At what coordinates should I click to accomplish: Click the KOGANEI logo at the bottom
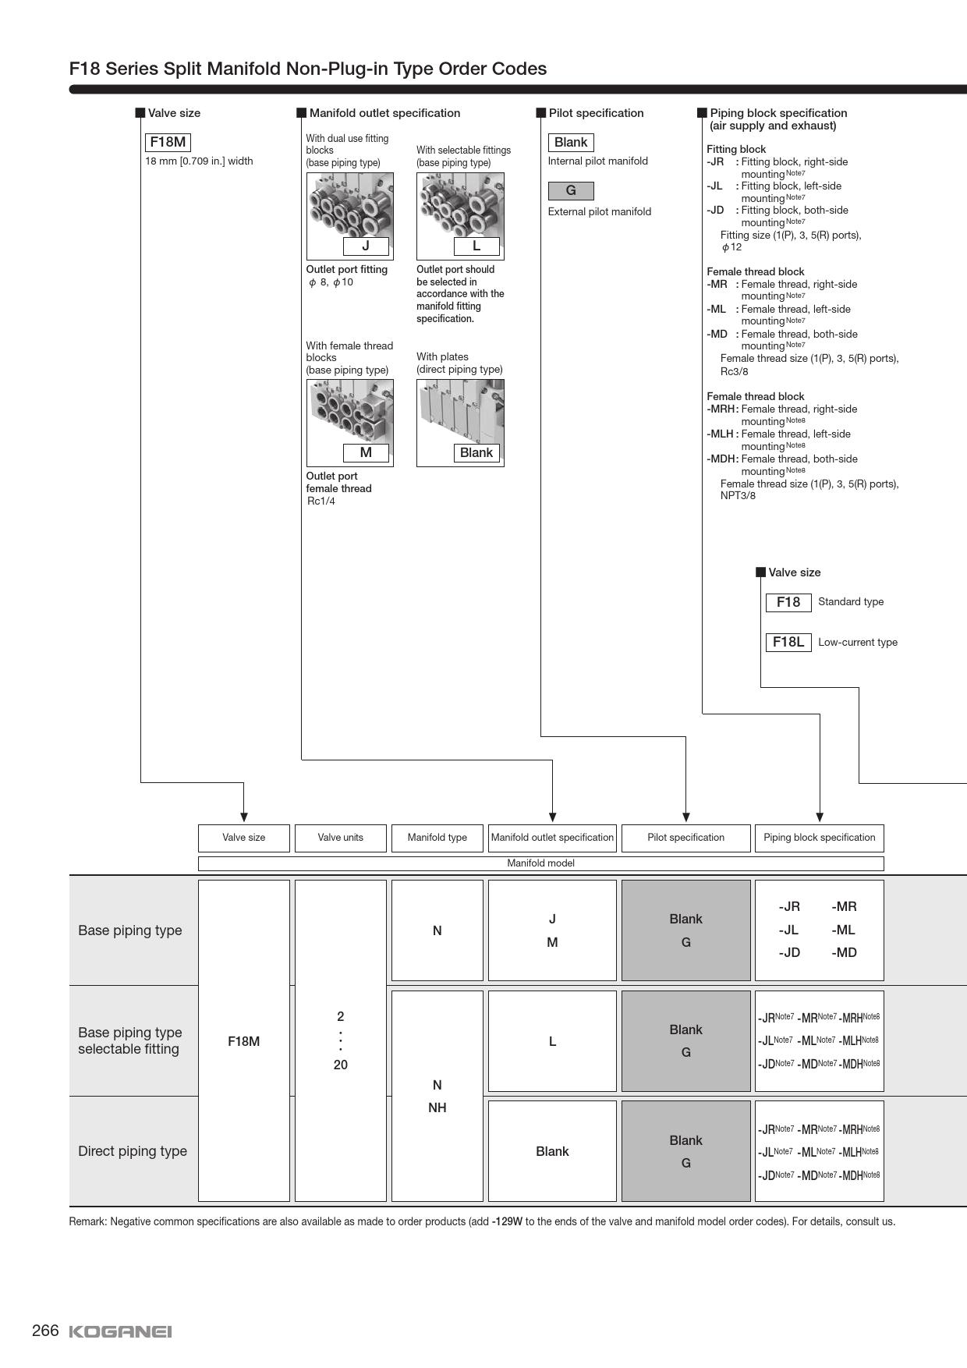pos(120,1331)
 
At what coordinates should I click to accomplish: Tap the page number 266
pos(45,1331)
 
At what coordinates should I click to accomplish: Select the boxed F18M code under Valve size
pos(168,142)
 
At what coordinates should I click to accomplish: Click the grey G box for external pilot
pos(571,190)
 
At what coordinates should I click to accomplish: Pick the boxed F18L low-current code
pos(788,642)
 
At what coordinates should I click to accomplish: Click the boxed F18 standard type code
pos(788,602)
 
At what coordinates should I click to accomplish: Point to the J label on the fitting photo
pos(366,246)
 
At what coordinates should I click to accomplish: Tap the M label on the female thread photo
pos(366,453)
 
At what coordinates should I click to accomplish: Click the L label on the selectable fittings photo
pos(476,246)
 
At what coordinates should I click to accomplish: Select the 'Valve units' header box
pos(340,838)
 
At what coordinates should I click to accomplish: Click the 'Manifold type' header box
pos(437,838)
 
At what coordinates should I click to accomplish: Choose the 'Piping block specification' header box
pos(819,838)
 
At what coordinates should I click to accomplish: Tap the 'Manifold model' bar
pos(540,863)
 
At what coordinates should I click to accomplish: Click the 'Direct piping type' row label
pos(133,1151)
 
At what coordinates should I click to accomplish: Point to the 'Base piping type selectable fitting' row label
pos(130,1040)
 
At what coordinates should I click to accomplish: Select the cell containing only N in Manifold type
pos(437,930)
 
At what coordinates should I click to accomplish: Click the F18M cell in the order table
pos(244,1041)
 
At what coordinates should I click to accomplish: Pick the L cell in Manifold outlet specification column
pos(552,1041)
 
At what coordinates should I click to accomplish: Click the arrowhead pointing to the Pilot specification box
pos(685,817)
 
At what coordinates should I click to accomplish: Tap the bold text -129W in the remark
pos(507,1222)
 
